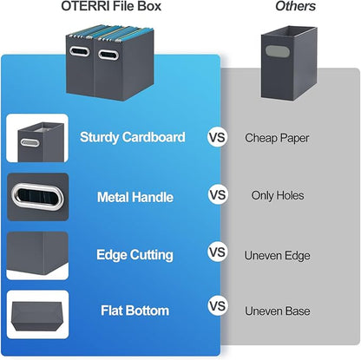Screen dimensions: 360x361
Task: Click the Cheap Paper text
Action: point(277,137)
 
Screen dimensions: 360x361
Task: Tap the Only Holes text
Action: point(277,195)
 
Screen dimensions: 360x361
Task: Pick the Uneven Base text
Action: point(277,308)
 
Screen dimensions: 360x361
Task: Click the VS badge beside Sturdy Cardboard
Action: point(217,137)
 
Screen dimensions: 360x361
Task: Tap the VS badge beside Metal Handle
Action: point(217,195)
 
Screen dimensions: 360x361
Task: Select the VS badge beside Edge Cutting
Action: point(217,252)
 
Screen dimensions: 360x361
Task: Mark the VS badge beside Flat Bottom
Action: point(217,307)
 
